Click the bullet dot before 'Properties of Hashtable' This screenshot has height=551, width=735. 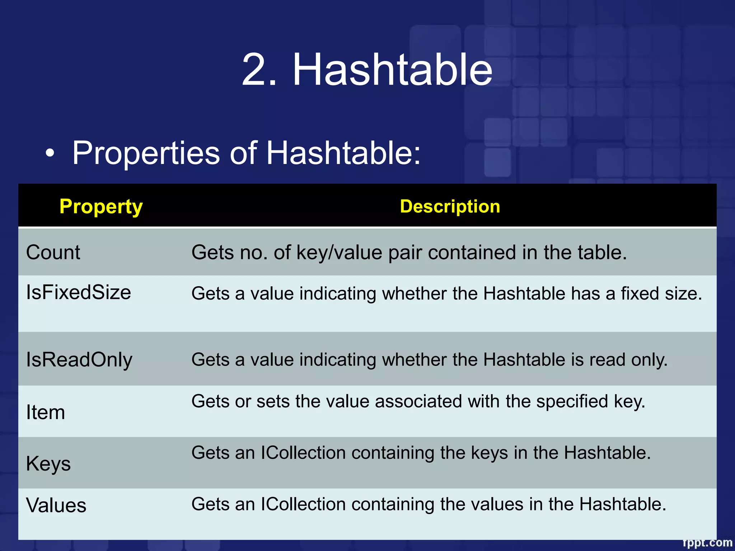[50, 154]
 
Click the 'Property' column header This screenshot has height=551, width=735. [101, 207]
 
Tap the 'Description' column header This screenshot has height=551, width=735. [450, 207]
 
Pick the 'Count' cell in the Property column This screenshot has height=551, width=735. [53, 252]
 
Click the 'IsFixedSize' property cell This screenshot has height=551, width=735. [79, 292]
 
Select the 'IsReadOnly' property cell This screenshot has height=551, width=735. [79, 360]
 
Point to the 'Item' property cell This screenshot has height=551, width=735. [46, 412]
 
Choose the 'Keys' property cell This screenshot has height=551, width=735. [48, 463]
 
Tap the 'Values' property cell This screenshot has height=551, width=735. [56, 505]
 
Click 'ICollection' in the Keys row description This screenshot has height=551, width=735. [303, 453]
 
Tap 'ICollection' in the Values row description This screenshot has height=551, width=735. [303, 504]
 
